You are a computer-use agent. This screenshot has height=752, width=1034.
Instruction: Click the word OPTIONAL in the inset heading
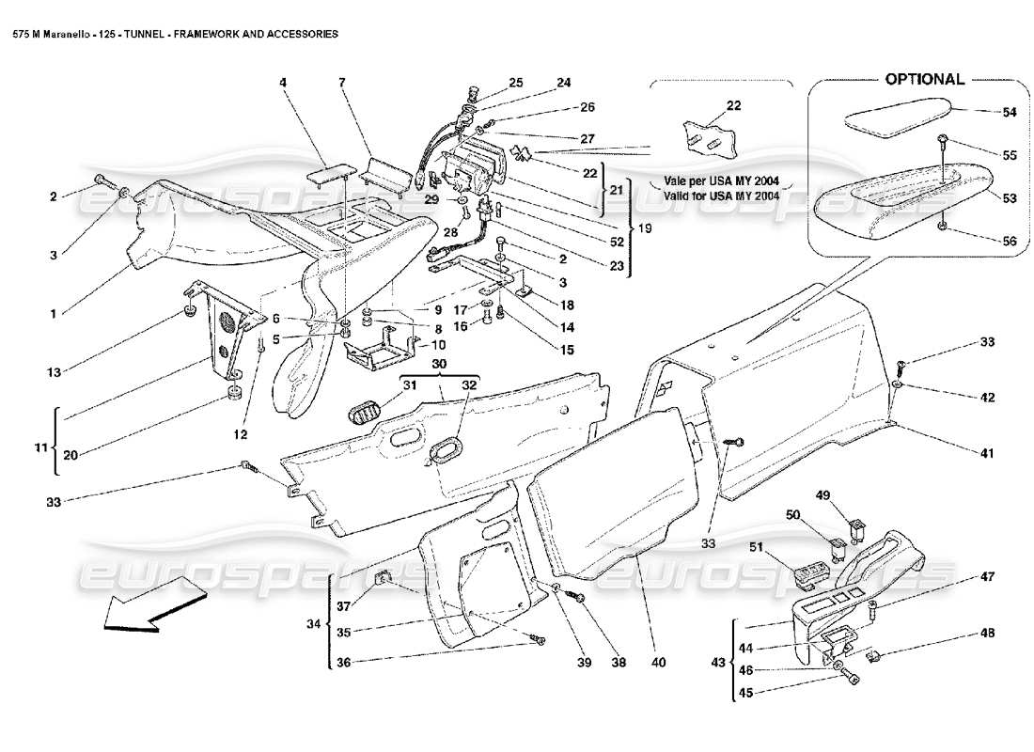tap(924, 79)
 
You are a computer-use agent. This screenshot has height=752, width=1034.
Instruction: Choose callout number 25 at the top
tap(516, 84)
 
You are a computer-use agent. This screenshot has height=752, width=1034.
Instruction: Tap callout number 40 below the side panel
tap(657, 663)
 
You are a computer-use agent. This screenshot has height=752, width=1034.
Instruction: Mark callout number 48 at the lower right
tap(986, 633)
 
